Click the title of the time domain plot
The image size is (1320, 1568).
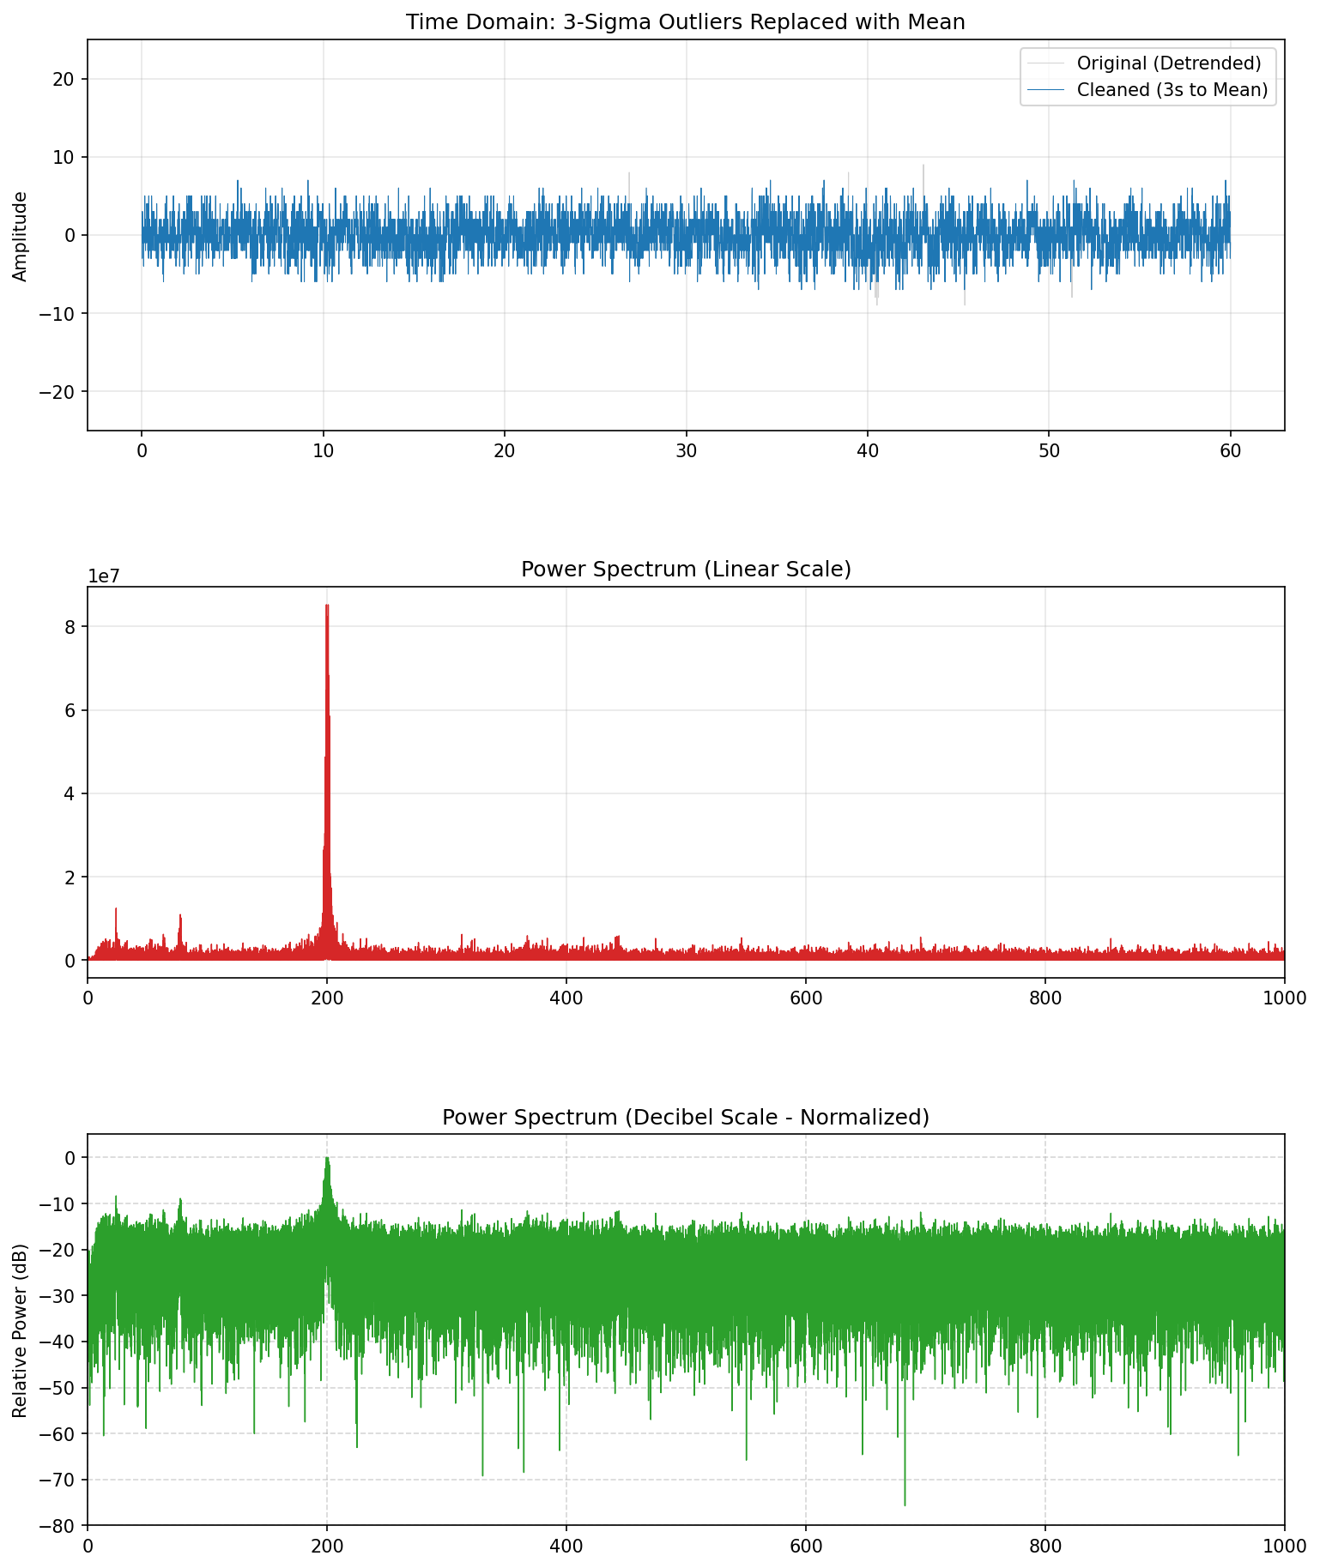click(x=685, y=22)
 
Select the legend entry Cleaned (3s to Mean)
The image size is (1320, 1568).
click(x=1172, y=90)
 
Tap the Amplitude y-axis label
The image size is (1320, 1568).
click(x=21, y=236)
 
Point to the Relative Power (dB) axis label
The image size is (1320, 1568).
click(x=21, y=1330)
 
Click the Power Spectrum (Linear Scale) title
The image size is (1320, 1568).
click(x=685, y=570)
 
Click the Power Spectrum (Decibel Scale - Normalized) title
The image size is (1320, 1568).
click(x=685, y=1117)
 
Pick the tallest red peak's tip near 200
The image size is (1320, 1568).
click(x=327, y=606)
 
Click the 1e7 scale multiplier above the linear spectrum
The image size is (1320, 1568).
click(x=105, y=576)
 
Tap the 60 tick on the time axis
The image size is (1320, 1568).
click(x=1230, y=453)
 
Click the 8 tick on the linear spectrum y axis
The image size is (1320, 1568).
click(x=70, y=627)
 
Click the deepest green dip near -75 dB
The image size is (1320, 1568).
click(x=905, y=1505)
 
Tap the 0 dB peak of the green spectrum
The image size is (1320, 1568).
click(x=327, y=1158)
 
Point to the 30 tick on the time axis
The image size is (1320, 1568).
click(x=686, y=453)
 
